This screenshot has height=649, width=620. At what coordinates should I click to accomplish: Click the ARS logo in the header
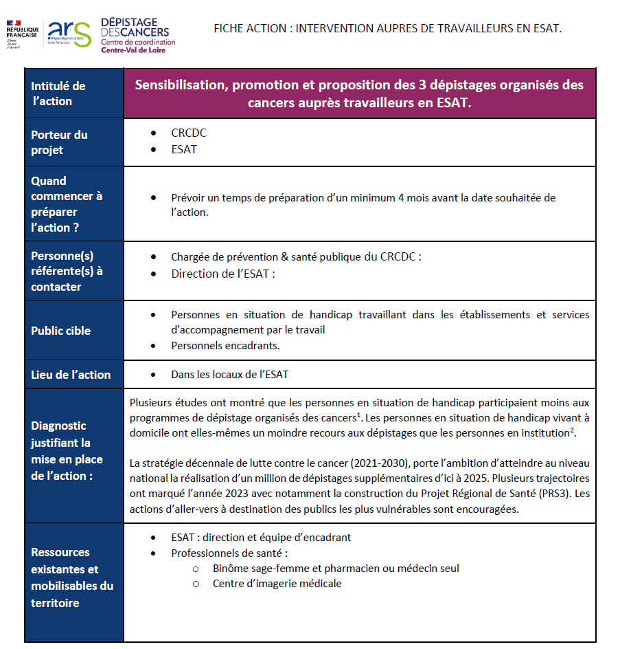click(69, 32)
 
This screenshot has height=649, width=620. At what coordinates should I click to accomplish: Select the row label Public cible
click(60, 331)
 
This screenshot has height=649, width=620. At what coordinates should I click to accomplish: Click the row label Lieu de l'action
click(71, 375)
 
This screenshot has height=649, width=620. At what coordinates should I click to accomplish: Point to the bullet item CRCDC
click(189, 133)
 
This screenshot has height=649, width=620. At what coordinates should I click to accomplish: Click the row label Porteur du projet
click(59, 142)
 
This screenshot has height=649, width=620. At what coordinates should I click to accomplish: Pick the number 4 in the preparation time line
click(401, 198)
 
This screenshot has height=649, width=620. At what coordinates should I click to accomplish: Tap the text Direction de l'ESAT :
click(223, 273)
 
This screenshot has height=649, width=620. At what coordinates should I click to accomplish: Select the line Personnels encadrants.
click(225, 345)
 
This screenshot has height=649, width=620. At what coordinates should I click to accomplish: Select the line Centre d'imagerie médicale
click(277, 584)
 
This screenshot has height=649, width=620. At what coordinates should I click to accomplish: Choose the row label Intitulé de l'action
click(58, 93)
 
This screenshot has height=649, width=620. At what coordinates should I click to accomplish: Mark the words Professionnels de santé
click(229, 553)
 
